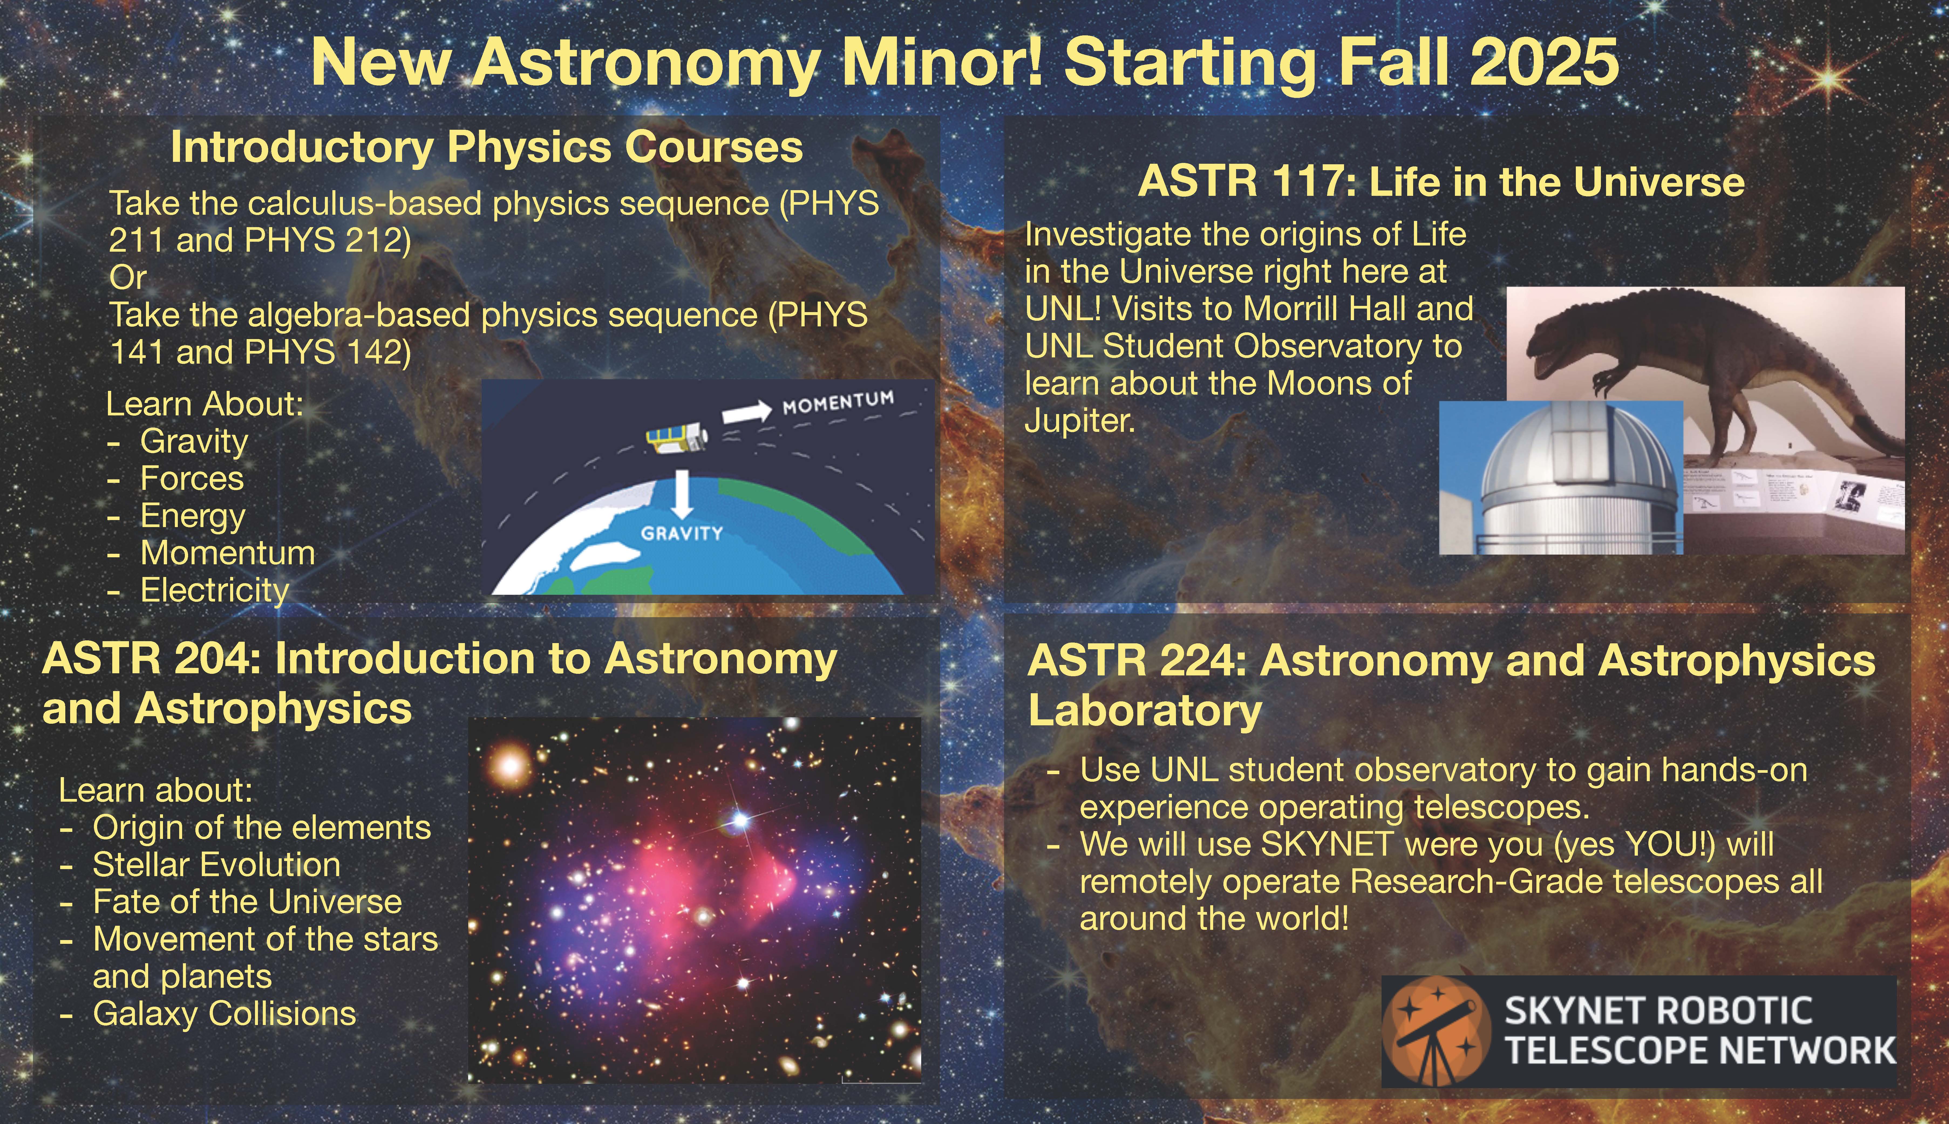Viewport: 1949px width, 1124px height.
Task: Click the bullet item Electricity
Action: pos(215,590)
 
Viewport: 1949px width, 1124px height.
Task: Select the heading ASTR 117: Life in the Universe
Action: pos(1441,182)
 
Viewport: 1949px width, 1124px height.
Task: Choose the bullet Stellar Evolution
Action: pos(216,865)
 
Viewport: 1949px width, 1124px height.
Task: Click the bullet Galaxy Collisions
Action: pos(224,1014)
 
